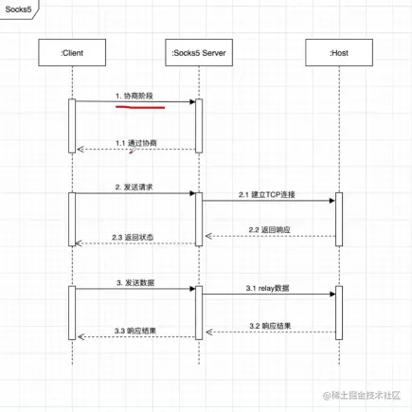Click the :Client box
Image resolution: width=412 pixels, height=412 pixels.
coord(72,54)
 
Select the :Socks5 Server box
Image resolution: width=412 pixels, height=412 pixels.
coord(198,54)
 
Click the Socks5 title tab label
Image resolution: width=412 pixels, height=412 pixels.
coord(19,9)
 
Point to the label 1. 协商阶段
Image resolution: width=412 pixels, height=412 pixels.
coord(135,96)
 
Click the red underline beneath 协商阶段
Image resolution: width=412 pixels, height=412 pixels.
coord(139,107)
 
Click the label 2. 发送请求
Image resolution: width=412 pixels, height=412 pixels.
coord(134,188)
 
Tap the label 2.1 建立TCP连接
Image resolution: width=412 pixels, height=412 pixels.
coord(267,194)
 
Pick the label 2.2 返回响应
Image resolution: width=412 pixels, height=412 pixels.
coord(268,230)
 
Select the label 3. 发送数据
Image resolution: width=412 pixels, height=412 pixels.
coord(134,282)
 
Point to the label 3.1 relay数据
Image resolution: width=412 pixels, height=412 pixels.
coord(268,288)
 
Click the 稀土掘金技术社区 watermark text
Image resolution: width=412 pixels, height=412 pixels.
coord(365,394)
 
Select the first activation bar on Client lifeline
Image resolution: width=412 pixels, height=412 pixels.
coord(72,125)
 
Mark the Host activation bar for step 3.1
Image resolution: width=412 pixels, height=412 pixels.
coord(337,313)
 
